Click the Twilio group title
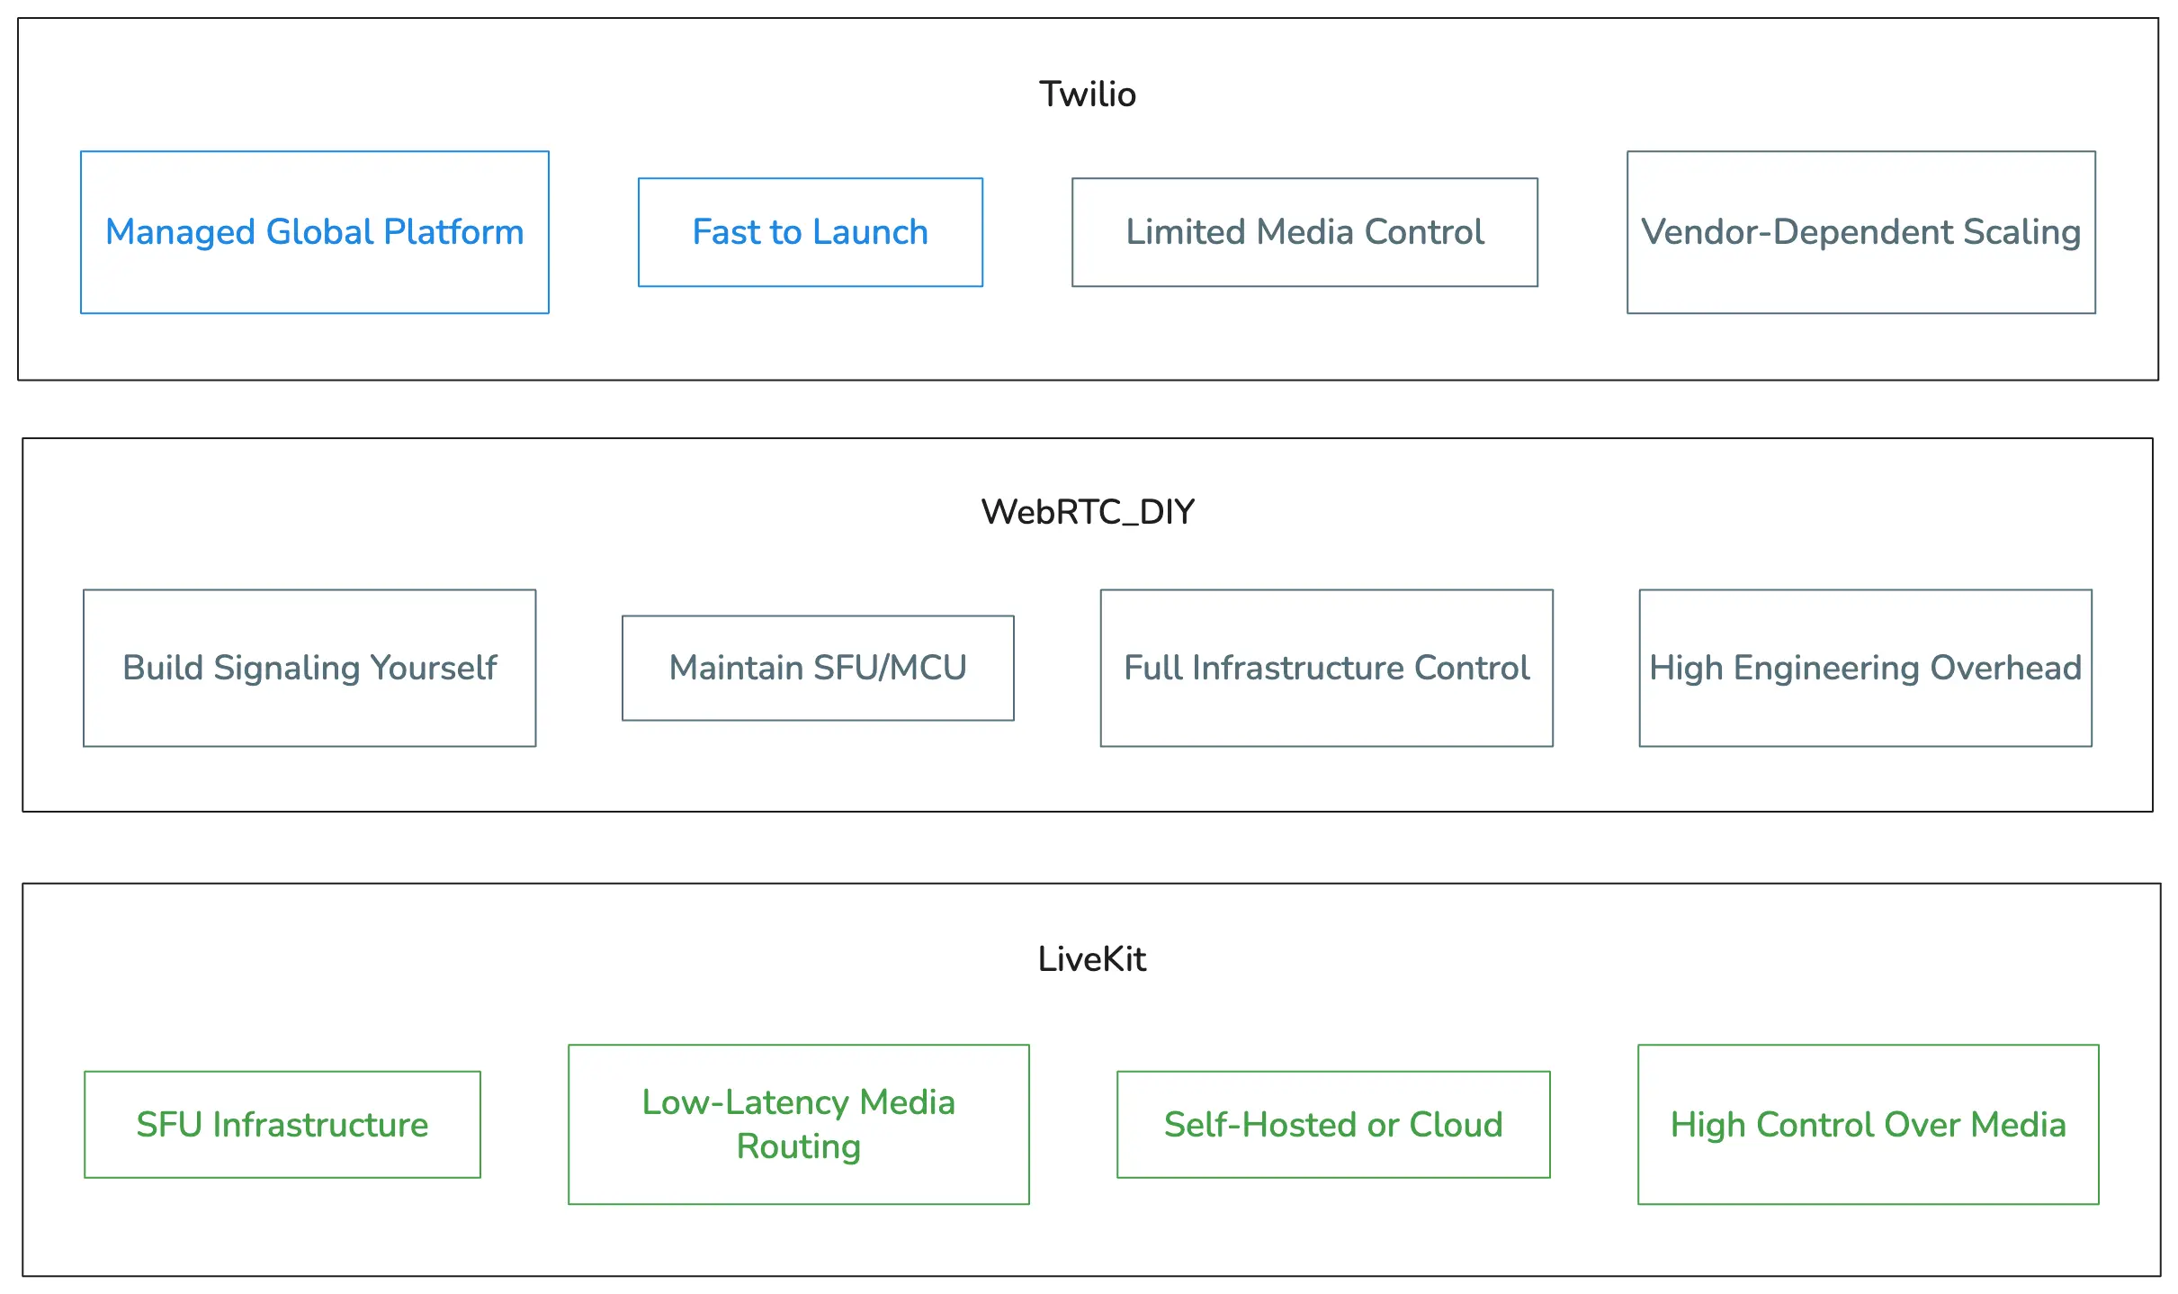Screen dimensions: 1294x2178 point(1087,94)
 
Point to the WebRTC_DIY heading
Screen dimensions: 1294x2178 point(1087,512)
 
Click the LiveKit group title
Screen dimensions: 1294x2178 point(1091,959)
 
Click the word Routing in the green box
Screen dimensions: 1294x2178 point(798,1146)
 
